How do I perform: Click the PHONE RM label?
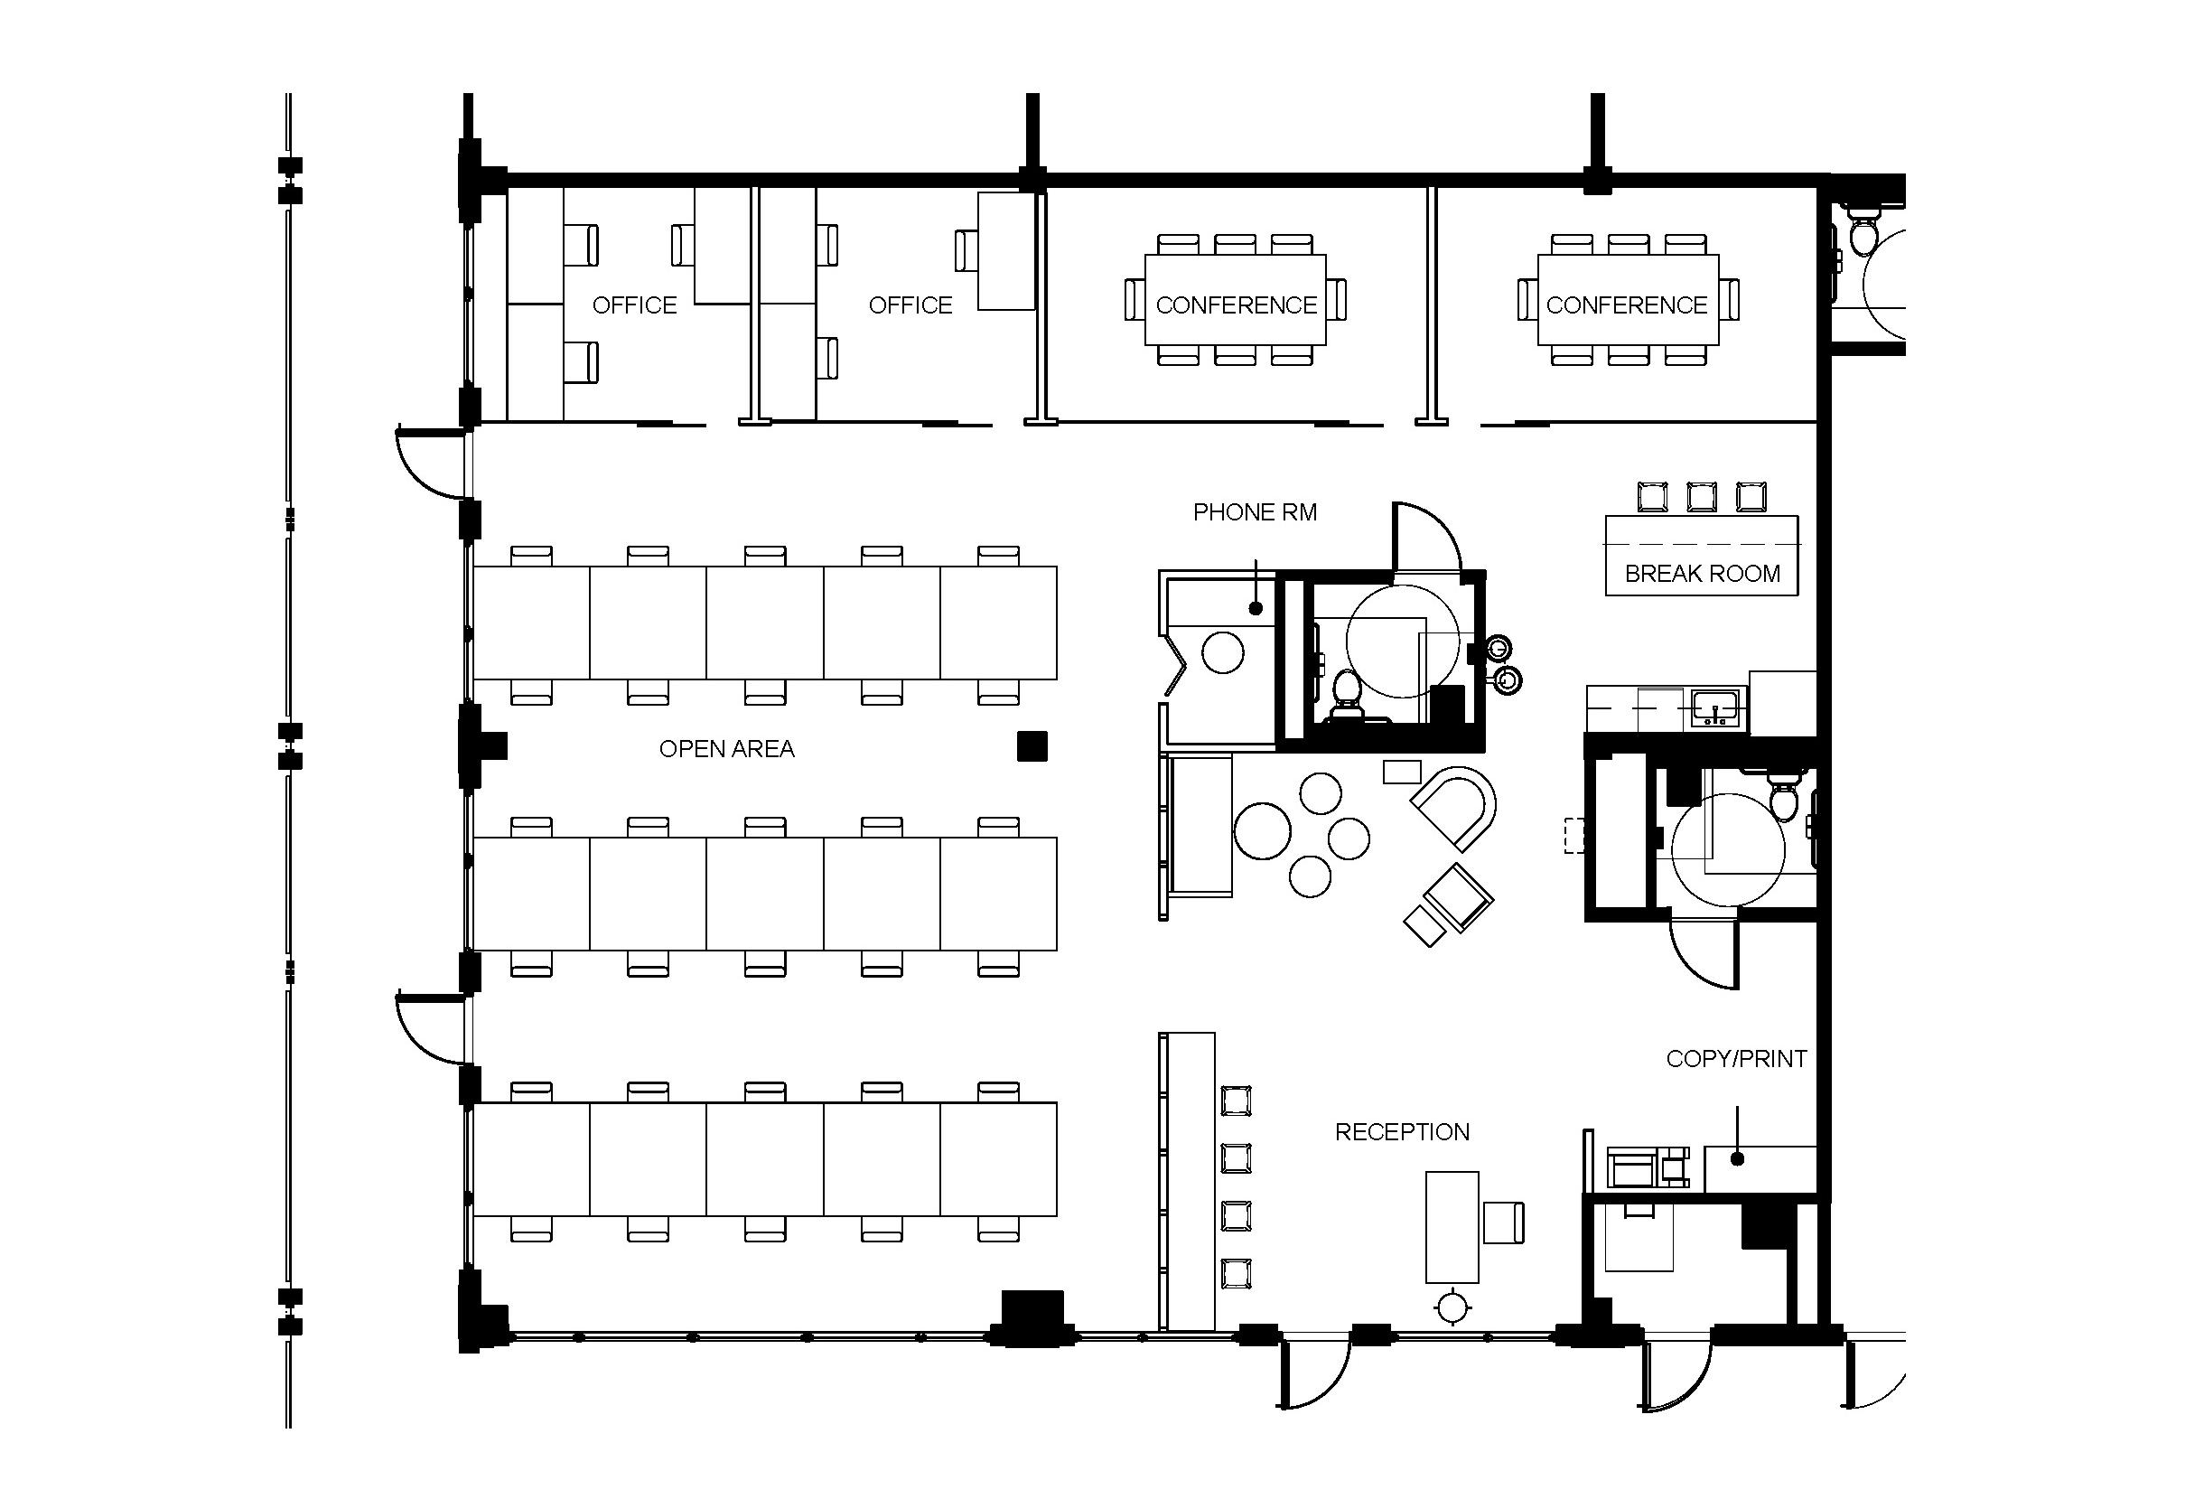1255,512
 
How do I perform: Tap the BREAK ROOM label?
1703,574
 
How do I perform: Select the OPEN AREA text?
727,748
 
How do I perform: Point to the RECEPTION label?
1402,1132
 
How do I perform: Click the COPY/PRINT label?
1737,1059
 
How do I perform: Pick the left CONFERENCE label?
1237,305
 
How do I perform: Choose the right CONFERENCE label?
1627,305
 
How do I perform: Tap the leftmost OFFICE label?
635,305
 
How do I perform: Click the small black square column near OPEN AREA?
1032,745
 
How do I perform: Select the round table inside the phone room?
1223,652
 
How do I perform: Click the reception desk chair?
1503,1222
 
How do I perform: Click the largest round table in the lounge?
1263,830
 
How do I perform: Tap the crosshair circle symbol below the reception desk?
1453,1307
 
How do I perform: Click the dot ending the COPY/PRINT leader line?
1738,1158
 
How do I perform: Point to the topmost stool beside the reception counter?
1237,1101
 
